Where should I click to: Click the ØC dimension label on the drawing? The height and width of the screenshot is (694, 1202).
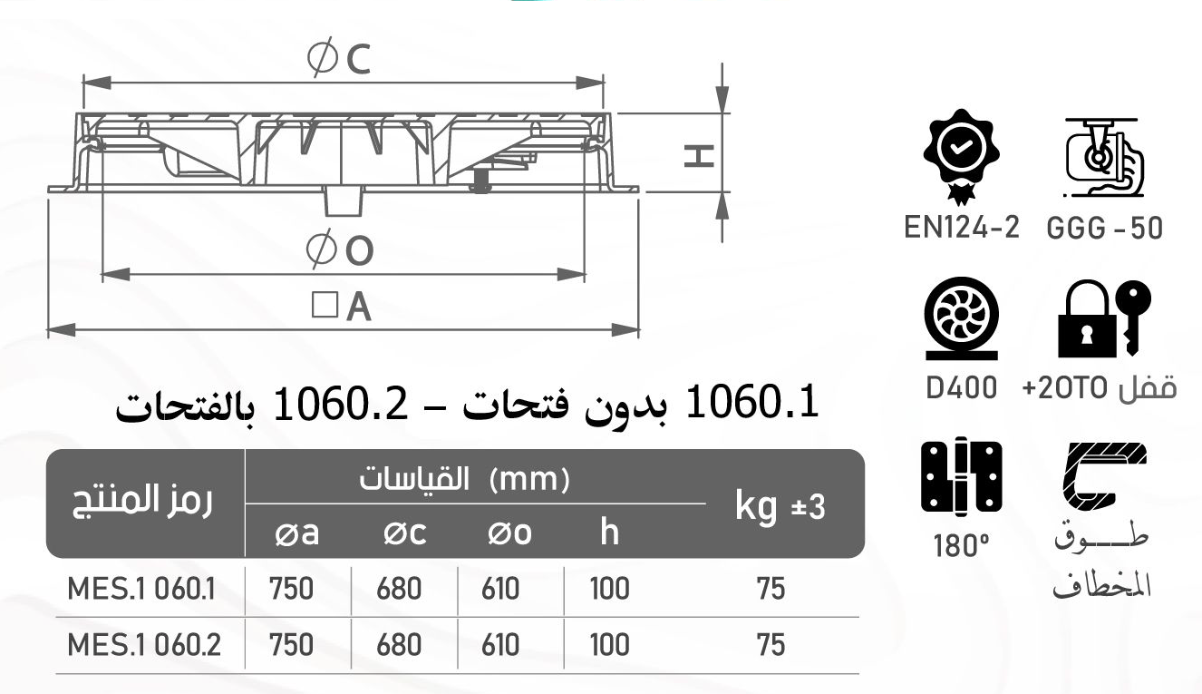(339, 60)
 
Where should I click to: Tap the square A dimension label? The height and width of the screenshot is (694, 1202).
(342, 307)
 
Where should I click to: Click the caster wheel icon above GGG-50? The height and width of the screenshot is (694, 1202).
(1102, 157)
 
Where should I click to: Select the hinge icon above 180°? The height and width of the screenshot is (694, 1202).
(961, 476)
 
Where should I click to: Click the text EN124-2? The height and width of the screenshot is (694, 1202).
(962, 227)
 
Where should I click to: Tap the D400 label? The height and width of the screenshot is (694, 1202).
(962, 387)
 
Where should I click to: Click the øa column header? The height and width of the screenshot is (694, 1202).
(296, 533)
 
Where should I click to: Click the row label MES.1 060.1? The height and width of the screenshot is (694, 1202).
(142, 590)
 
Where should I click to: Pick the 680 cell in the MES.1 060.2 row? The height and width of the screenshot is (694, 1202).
(399, 645)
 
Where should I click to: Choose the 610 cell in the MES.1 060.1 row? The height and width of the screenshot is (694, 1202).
(502, 590)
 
